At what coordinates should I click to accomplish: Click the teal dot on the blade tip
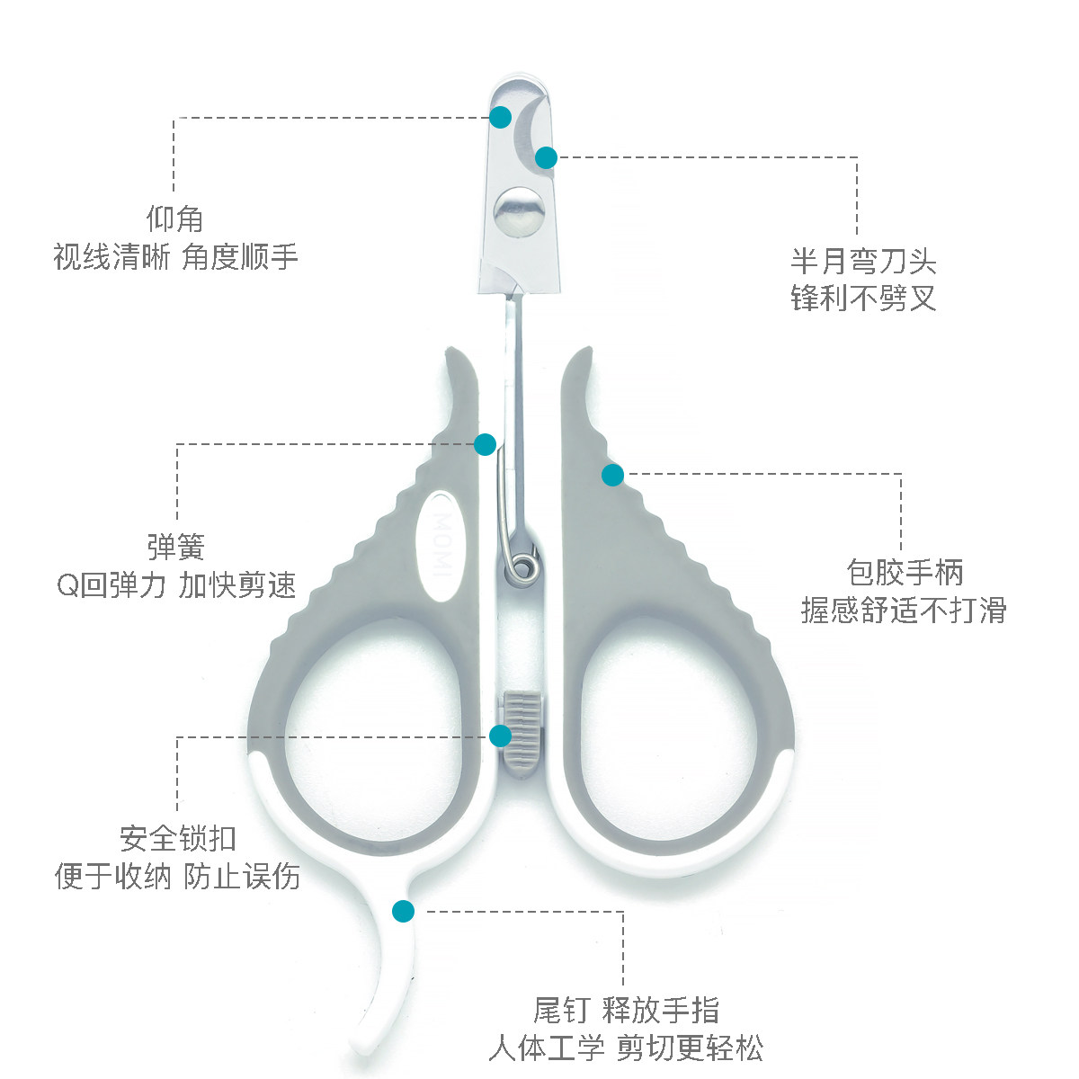click(500, 117)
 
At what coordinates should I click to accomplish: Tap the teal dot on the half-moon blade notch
click(546, 157)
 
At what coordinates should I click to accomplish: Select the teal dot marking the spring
click(485, 444)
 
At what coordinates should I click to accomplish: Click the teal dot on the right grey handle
click(612, 475)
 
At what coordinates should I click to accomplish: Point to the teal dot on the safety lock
click(500, 736)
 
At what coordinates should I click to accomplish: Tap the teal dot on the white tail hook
click(403, 911)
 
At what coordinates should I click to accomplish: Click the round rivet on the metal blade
click(520, 211)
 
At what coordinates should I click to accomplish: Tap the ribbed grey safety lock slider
click(522, 735)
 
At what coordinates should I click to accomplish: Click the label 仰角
click(174, 218)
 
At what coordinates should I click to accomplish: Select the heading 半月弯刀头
click(863, 261)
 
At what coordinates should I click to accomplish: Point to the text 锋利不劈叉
click(863, 298)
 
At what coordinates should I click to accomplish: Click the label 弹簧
click(176, 547)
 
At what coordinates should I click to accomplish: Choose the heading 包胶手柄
click(905, 572)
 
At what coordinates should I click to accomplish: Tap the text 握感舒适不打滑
click(904, 610)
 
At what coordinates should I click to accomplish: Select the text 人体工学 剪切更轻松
click(626, 1048)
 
